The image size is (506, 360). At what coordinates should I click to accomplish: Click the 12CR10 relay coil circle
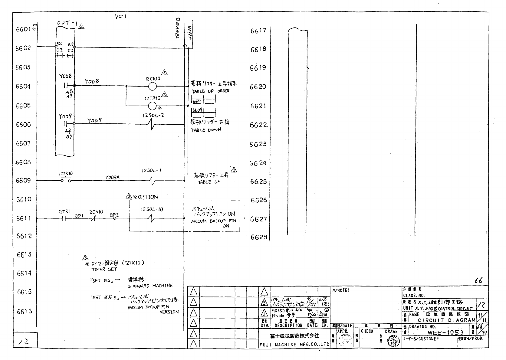153,86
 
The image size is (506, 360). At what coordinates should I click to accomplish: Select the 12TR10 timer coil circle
153,106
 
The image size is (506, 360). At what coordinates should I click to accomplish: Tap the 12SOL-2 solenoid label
153,115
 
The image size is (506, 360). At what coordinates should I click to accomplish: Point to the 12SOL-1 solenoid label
151,171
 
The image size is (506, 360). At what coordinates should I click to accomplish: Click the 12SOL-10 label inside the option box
152,209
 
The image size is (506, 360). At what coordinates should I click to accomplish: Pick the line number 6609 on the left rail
23,181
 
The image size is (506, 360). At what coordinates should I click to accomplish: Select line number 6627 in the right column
258,219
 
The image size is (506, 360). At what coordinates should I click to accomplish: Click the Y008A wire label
112,178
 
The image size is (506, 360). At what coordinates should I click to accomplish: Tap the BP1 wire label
79,216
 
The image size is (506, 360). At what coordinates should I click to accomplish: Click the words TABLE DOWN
206,130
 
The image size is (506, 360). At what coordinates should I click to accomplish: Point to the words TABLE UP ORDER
211,91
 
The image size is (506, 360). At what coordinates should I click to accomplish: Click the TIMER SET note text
104,269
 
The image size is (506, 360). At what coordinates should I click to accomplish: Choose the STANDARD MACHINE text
150,286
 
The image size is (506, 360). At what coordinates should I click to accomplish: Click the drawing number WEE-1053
445,332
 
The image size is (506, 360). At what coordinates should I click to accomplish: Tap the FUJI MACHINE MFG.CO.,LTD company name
294,344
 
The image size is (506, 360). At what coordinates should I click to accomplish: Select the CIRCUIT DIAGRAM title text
446,320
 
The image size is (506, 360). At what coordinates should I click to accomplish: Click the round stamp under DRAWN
392,342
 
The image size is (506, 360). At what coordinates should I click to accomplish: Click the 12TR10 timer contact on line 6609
66,180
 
